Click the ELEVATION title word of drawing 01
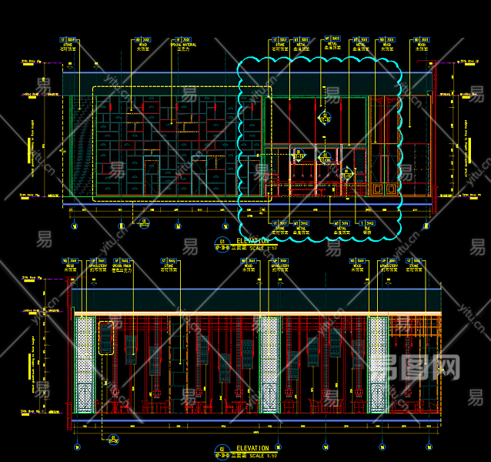pyautogui.click(x=253, y=240)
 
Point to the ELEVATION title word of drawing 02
pyautogui.click(x=252, y=448)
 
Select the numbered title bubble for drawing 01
pyautogui.click(x=221, y=244)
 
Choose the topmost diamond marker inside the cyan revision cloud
pyautogui.click(x=325, y=118)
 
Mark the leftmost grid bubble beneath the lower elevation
pyautogui.click(x=76, y=446)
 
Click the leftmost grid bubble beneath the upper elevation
pyautogui.click(x=74, y=226)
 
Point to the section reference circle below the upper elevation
pyautogui.click(x=143, y=223)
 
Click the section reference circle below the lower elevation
pyautogui.click(x=114, y=440)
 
